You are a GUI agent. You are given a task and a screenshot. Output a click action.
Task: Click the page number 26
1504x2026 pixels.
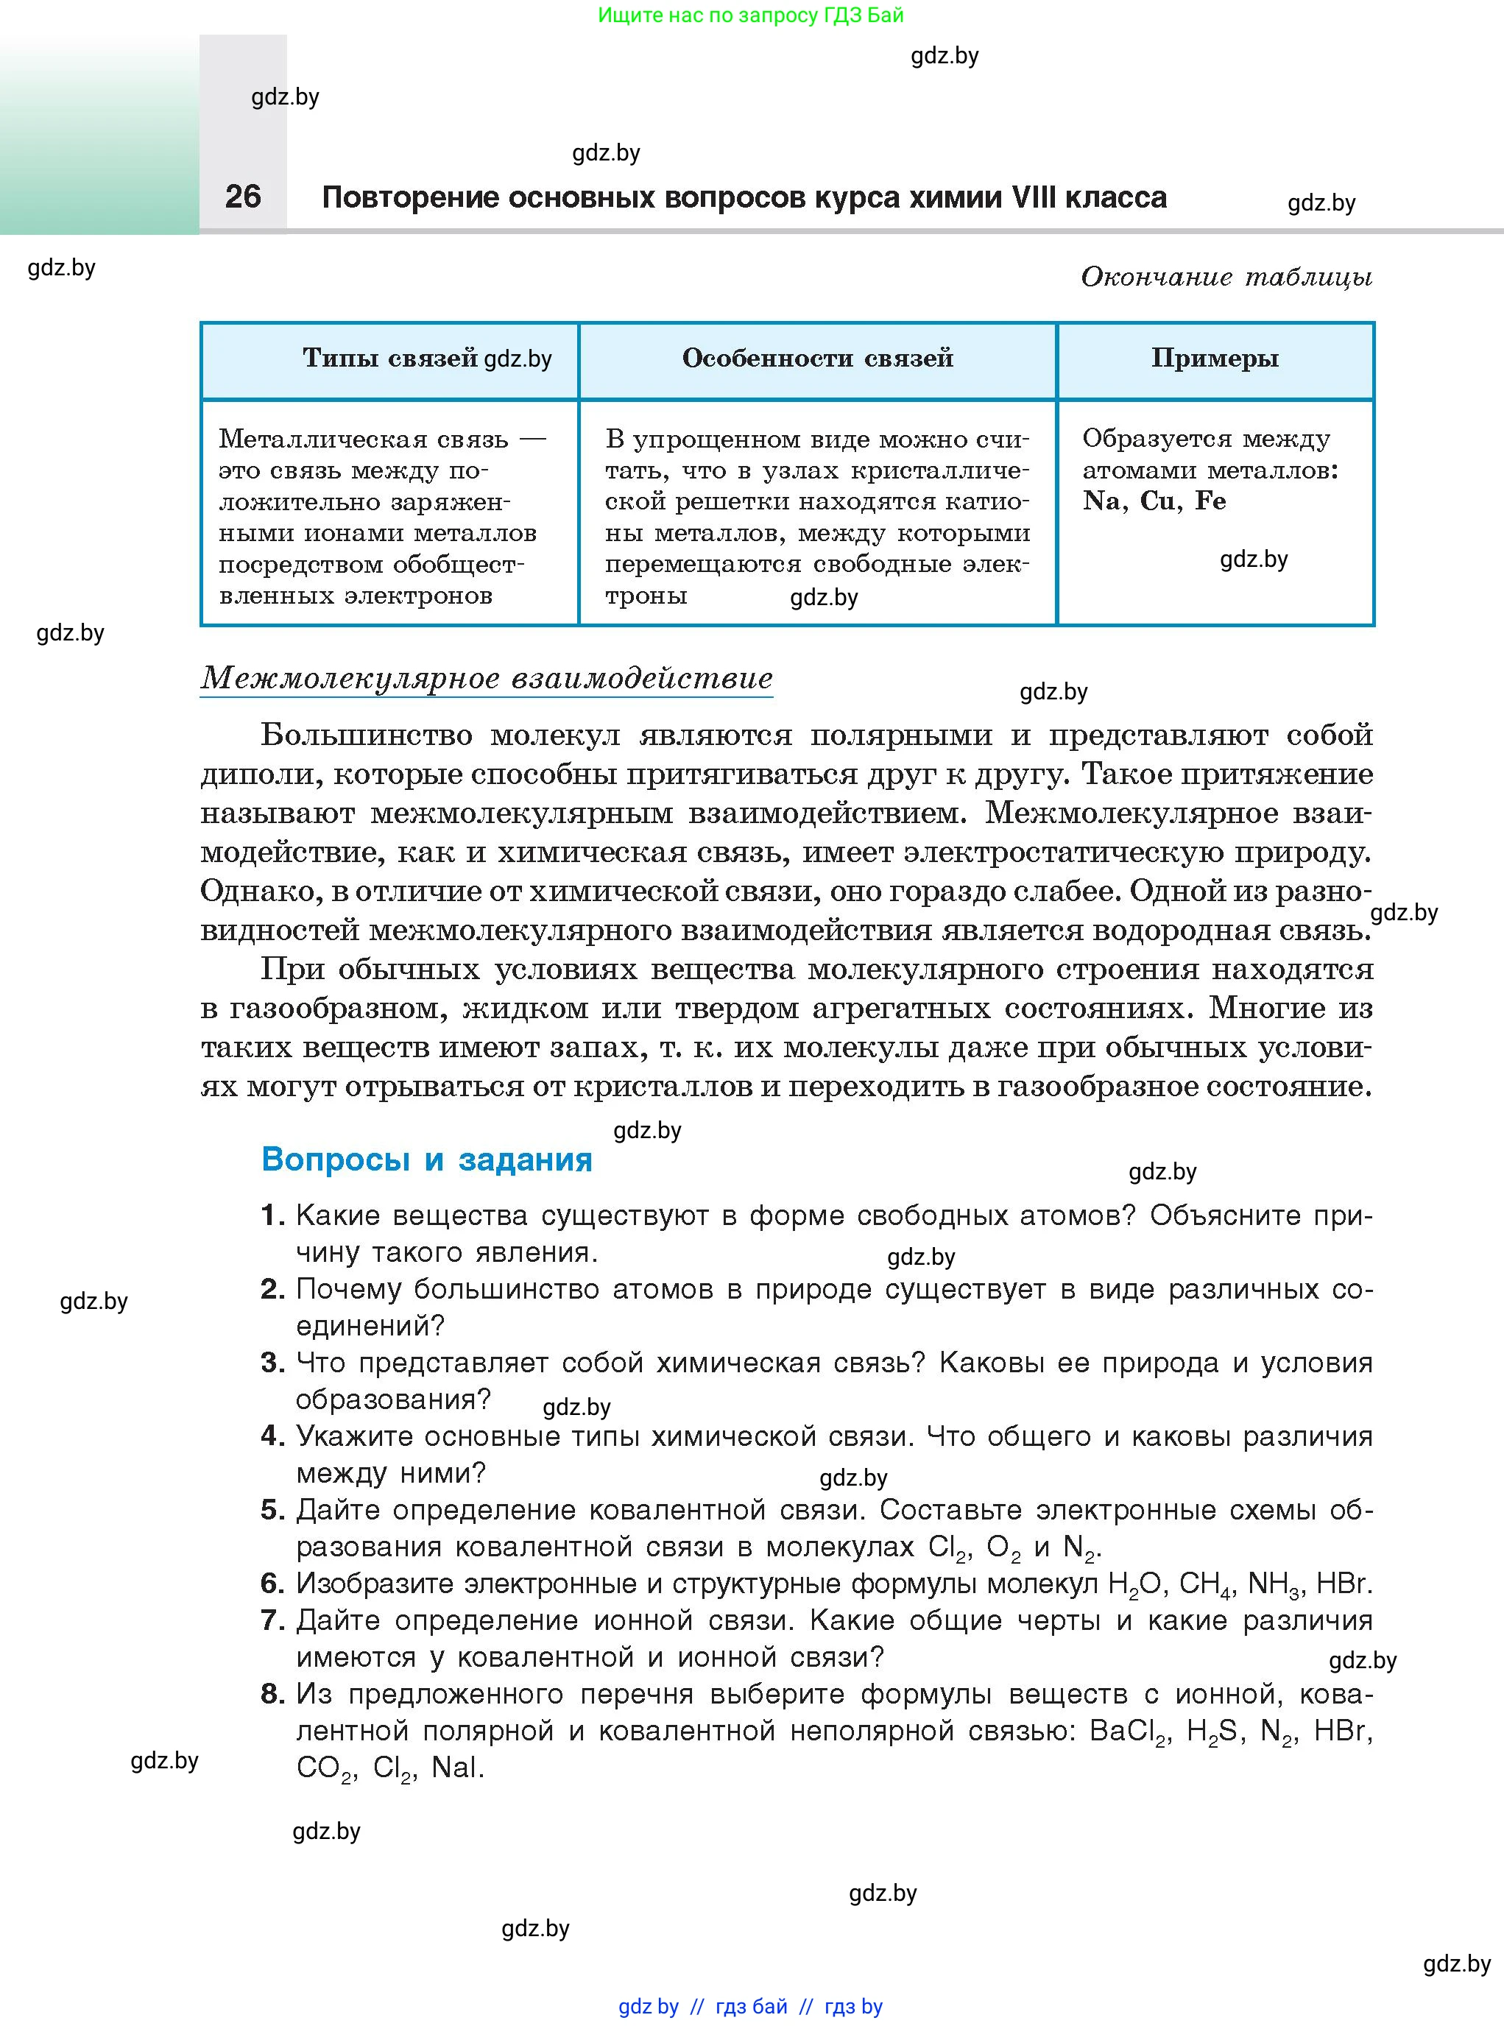pyautogui.click(x=242, y=196)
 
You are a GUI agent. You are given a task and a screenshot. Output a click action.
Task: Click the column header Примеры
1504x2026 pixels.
pyautogui.click(x=1215, y=358)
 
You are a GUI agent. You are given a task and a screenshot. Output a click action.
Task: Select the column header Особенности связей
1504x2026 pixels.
pyautogui.click(x=816, y=358)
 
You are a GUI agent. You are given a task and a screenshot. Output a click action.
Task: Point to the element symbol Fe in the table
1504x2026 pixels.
pyautogui.click(x=1210, y=501)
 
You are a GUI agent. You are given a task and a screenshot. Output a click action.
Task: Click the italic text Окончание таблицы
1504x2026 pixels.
pyautogui.click(x=1226, y=277)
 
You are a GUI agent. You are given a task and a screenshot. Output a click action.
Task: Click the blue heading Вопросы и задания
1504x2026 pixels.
pyautogui.click(x=426, y=1160)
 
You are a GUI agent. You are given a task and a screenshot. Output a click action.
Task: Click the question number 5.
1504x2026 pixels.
pyautogui.click(x=272, y=1510)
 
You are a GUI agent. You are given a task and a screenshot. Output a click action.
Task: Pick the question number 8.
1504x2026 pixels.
pyautogui.click(x=272, y=1694)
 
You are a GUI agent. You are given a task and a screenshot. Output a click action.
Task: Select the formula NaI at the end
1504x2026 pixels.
pyautogui.click(x=456, y=1768)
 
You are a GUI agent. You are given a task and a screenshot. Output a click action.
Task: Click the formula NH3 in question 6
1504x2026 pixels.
pyautogui.click(x=1273, y=1584)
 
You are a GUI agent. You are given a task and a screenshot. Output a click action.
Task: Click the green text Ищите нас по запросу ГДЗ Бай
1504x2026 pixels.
pyautogui.click(x=751, y=15)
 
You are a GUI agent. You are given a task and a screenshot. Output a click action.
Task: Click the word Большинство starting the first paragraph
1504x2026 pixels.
pyautogui.click(x=366, y=734)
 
